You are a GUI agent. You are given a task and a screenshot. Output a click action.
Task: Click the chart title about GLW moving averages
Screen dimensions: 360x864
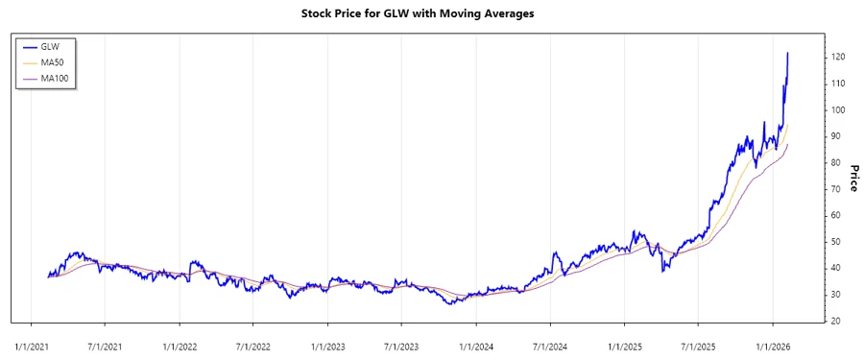[431, 13]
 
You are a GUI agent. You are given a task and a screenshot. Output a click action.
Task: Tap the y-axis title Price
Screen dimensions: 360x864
[853, 178]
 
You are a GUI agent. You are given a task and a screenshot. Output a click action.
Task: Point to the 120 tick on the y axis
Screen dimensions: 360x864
[838, 58]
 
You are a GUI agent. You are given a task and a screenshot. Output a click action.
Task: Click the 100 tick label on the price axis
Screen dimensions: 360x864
[838, 110]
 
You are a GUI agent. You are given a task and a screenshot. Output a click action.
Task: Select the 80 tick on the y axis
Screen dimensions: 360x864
[836, 163]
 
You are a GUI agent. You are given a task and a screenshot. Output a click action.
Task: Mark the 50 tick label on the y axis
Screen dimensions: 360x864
[836, 242]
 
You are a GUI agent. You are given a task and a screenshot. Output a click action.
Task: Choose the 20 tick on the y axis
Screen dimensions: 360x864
[836, 321]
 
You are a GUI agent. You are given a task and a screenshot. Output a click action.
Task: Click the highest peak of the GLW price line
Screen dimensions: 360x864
[788, 54]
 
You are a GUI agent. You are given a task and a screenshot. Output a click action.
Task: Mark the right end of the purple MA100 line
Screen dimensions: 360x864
[788, 145]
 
